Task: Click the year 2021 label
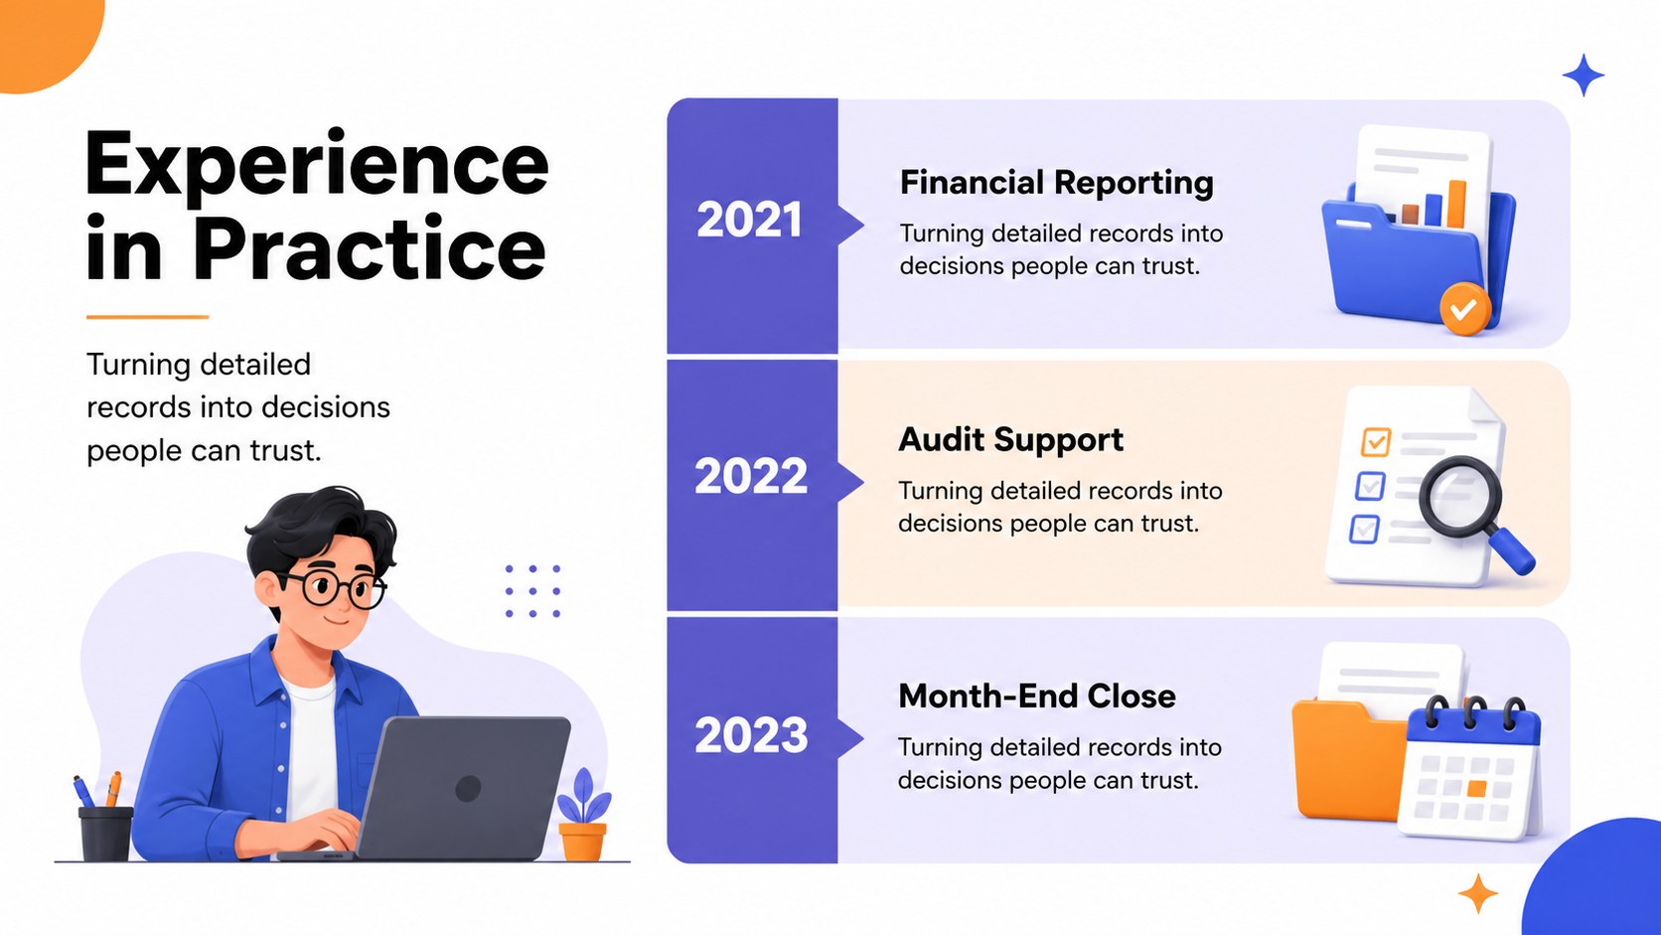[x=749, y=221]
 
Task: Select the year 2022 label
[x=750, y=476]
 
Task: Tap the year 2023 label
[x=750, y=735]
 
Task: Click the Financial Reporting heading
[x=1057, y=183]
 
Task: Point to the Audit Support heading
[x=1010, y=440]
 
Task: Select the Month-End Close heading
[x=1037, y=697]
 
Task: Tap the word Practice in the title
[x=370, y=248]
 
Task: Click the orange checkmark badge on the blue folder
[x=1465, y=308]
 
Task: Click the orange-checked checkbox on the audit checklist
[x=1376, y=442]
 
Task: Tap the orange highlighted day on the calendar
[x=1476, y=788]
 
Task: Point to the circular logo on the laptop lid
[x=468, y=788]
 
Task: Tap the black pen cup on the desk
[x=105, y=835]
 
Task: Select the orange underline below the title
[x=148, y=317]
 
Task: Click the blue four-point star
[x=1584, y=75]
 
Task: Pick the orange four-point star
[x=1478, y=893]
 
